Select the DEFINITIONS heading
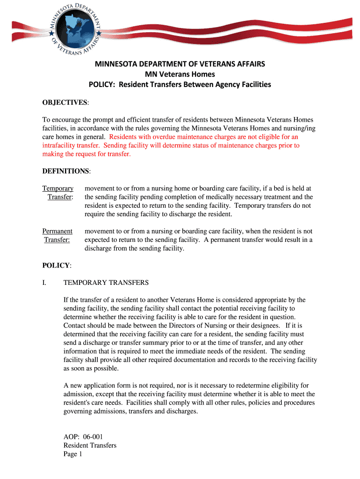click(x=66, y=171)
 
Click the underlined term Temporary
click(x=58, y=189)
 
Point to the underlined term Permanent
click(x=58, y=231)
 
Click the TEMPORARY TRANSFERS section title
click(x=106, y=283)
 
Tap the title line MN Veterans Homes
click(x=180, y=74)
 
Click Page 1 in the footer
click(x=73, y=454)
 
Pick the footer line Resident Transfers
click(x=90, y=445)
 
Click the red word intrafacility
click(x=60, y=145)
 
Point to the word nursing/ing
click(x=296, y=129)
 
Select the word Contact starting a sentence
click(x=75, y=326)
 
